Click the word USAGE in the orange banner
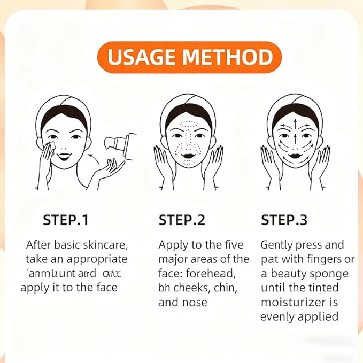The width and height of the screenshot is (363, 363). click(x=141, y=57)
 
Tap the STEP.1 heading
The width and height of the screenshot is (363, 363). click(x=66, y=220)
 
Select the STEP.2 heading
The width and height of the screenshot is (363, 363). click(x=182, y=220)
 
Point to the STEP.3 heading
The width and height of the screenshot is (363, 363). click(x=284, y=220)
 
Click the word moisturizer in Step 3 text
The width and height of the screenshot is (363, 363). click(x=291, y=302)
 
